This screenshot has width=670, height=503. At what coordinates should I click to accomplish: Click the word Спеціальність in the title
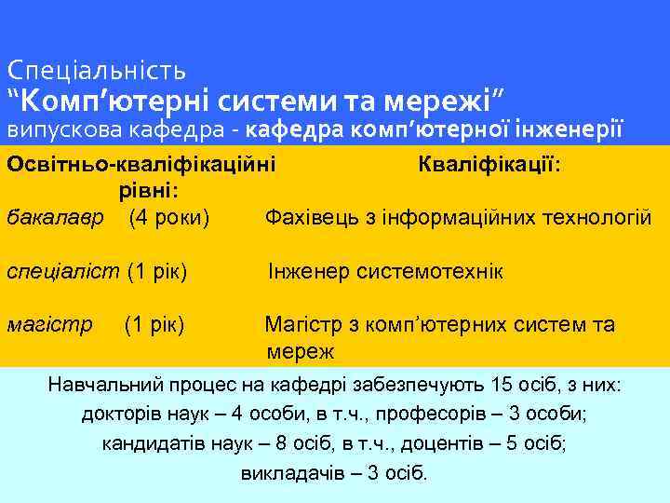97,70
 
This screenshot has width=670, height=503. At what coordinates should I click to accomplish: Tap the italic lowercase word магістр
49,325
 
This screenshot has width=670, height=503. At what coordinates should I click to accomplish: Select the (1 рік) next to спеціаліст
157,272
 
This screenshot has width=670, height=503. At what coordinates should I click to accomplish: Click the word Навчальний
99,384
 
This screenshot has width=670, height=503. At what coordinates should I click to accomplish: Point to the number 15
501,384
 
